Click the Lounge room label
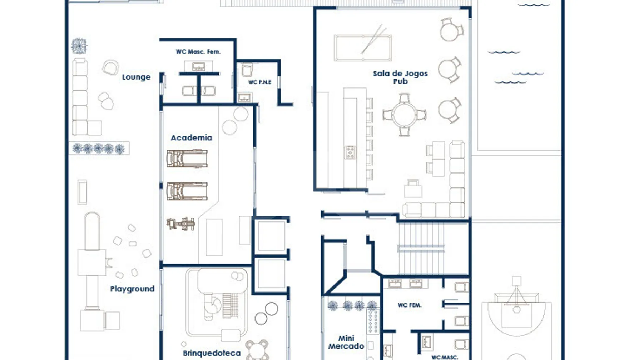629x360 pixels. coord(136,77)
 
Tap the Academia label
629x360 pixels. coord(191,137)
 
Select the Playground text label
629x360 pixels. coord(132,289)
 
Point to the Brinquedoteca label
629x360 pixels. coord(212,353)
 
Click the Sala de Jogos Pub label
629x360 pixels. coord(400,77)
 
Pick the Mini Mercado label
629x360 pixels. coord(346,342)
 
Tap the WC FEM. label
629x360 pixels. coord(410,305)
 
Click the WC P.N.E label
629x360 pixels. coord(260,82)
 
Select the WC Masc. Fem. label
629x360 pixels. coord(198,51)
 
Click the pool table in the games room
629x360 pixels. coord(363,47)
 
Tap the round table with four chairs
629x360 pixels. coord(404,115)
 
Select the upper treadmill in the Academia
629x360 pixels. coord(187,159)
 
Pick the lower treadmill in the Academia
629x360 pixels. coord(187,191)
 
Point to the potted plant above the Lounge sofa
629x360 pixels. coord(79,46)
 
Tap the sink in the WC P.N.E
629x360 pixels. coord(244,97)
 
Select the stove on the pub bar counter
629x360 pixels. coord(350,152)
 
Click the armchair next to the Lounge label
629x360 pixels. coord(110,67)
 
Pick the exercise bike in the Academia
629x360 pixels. coord(181,224)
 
